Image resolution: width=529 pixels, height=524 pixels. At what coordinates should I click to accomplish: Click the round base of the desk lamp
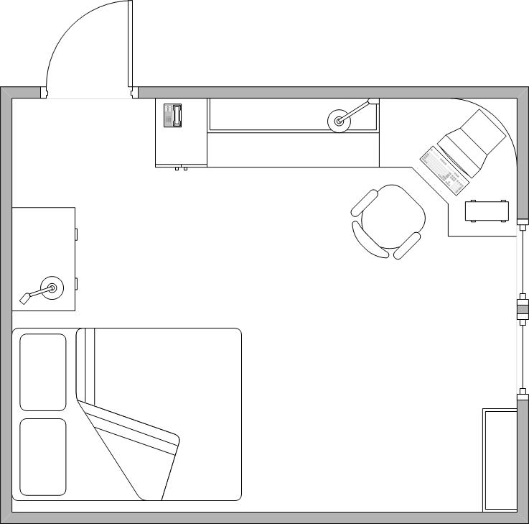click(339, 121)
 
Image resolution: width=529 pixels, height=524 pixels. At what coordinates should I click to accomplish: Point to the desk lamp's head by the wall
click(373, 102)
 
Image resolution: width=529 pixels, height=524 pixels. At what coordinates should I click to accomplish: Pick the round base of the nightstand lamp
click(52, 288)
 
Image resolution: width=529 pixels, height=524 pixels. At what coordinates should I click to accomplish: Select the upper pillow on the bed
click(42, 372)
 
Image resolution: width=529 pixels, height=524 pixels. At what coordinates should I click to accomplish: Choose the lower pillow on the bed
click(42, 457)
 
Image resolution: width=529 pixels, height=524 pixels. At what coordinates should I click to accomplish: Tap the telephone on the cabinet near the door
click(173, 115)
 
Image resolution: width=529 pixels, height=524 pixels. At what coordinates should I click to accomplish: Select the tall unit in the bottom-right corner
click(500, 460)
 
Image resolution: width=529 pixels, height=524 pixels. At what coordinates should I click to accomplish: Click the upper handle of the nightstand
click(76, 234)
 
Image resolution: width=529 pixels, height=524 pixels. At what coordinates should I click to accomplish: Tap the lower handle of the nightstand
click(76, 282)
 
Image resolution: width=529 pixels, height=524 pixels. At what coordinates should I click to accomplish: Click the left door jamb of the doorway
click(44, 93)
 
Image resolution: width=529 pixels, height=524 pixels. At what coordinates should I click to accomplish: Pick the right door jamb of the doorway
click(134, 93)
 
